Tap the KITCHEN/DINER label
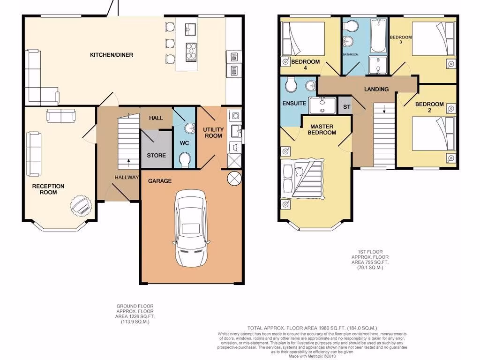pos(112,55)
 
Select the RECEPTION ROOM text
pos(48,189)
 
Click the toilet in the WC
pos(186,159)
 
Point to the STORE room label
pos(156,155)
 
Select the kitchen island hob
pos(191,52)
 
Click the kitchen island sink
pos(191,30)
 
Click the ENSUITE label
pos(294,103)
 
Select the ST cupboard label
pos(347,107)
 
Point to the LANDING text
pos(376,89)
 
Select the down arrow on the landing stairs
pos(385,110)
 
